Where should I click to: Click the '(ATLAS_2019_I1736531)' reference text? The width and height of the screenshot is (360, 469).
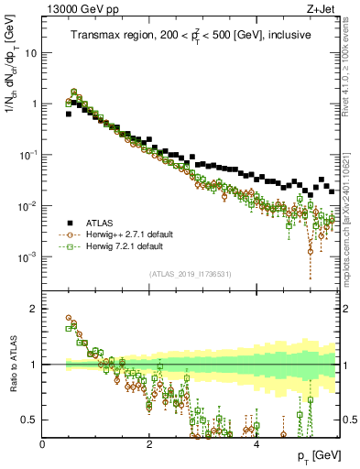tap(190, 274)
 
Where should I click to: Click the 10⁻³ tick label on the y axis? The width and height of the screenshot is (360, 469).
tap(29, 257)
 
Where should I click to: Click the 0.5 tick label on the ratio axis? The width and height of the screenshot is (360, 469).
tap(30, 420)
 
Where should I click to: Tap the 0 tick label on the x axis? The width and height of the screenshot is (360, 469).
tap(43, 444)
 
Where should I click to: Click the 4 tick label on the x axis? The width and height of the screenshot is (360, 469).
tap(256, 444)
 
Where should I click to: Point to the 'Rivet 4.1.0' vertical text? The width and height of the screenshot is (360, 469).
tap(353, 78)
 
